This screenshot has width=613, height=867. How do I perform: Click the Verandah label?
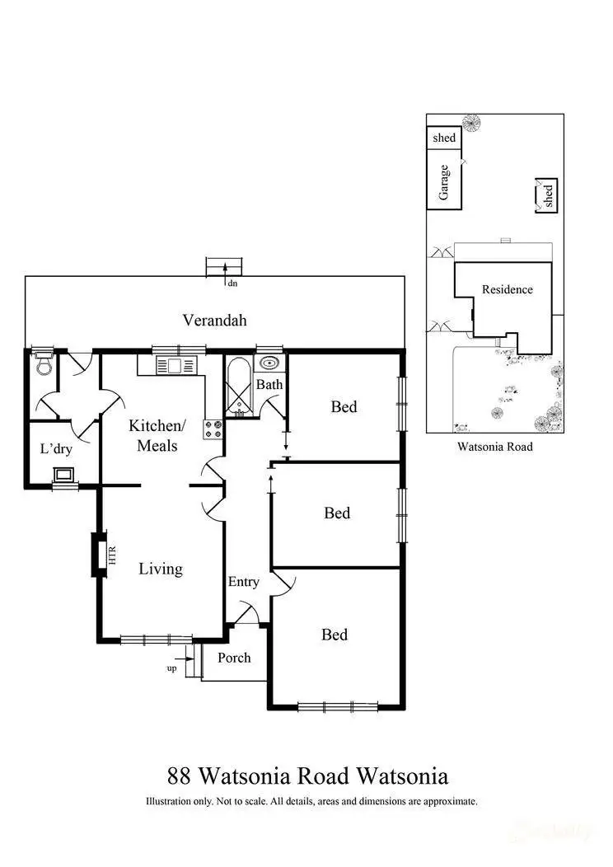click(x=215, y=321)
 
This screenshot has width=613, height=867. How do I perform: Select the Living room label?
click(x=160, y=569)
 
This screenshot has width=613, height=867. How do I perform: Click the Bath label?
click(x=269, y=384)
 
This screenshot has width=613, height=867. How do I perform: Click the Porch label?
click(x=234, y=658)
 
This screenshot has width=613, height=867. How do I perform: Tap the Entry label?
click(x=244, y=582)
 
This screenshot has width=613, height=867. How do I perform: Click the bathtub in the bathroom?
click(x=239, y=384)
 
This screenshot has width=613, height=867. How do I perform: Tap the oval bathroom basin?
click(x=269, y=362)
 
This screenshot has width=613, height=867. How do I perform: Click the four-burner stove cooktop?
click(x=213, y=428)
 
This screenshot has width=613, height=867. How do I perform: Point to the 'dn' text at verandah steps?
click(x=232, y=284)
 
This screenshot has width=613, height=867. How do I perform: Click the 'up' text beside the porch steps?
click(x=172, y=668)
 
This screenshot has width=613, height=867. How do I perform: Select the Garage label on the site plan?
click(x=444, y=181)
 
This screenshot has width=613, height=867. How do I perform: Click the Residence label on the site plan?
click(x=507, y=289)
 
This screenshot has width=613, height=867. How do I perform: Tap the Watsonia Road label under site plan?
click(x=494, y=447)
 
